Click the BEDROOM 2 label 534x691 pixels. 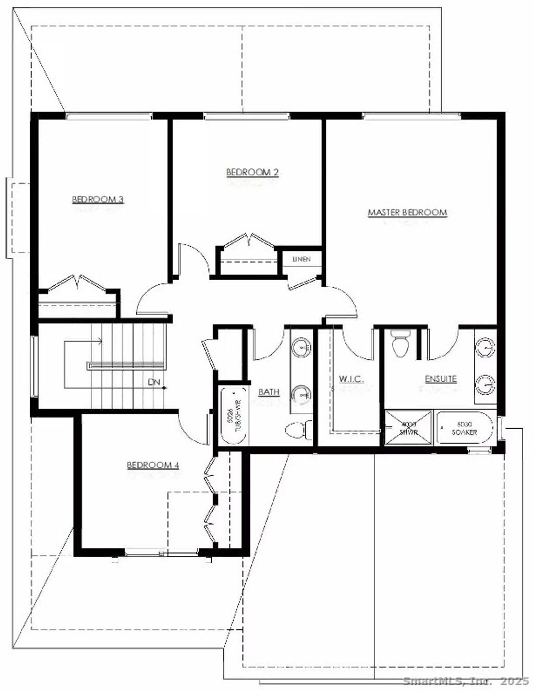coord(252,172)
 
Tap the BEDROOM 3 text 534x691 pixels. coord(98,199)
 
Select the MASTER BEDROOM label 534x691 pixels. coord(407,212)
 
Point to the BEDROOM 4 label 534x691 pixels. coord(153,465)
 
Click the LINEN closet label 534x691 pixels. coord(301,259)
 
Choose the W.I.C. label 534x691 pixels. coord(351,379)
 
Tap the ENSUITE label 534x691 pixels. coord(441,379)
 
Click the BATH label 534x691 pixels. coord(269,392)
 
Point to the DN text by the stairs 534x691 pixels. coord(154,382)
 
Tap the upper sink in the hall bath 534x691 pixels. coord(301,347)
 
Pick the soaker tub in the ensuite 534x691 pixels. coord(464,428)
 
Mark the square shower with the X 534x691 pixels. coord(408,428)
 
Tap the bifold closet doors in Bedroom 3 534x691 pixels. coord(78,284)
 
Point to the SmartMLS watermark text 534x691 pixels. coord(467,681)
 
